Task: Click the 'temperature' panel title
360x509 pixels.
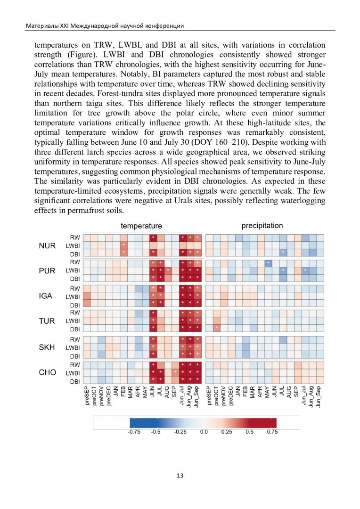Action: [141, 226]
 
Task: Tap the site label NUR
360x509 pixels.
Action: [47, 246]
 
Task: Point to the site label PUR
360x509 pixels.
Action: [47, 271]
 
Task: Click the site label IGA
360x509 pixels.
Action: [46, 296]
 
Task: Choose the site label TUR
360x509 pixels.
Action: [47, 321]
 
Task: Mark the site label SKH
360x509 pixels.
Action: [47, 347]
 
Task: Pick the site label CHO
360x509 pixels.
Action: [47, 372]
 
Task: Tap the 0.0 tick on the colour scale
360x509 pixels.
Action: [204, 432]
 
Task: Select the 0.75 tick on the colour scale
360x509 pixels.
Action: [272, 432]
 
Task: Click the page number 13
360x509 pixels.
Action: [180, 476]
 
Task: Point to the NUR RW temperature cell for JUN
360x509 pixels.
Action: [153, 238]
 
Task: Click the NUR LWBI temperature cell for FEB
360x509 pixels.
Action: [123, 246]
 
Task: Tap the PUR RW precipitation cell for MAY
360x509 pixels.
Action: [268, 263]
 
